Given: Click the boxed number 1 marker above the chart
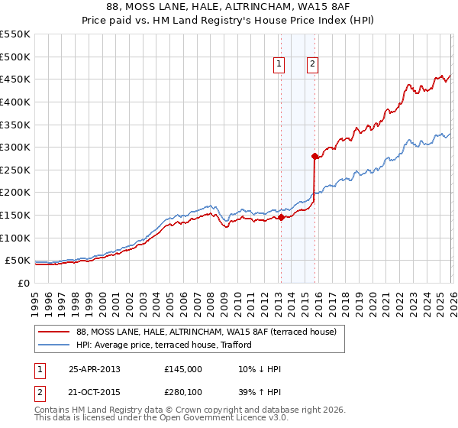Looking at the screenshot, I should tap(279, 65).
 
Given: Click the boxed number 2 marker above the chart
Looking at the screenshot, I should tap(313, 65).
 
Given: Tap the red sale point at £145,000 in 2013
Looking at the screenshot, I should tap(280, 217).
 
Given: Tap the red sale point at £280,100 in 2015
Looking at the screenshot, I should tap(314, 156).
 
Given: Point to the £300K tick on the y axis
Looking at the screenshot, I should tap(16, 147).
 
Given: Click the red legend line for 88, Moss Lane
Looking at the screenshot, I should tap(54, 331).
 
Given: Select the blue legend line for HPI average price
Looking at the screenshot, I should tap(54, 345).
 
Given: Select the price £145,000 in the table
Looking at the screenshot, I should tap(183, 368).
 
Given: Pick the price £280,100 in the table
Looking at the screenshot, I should tap(183, 392).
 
